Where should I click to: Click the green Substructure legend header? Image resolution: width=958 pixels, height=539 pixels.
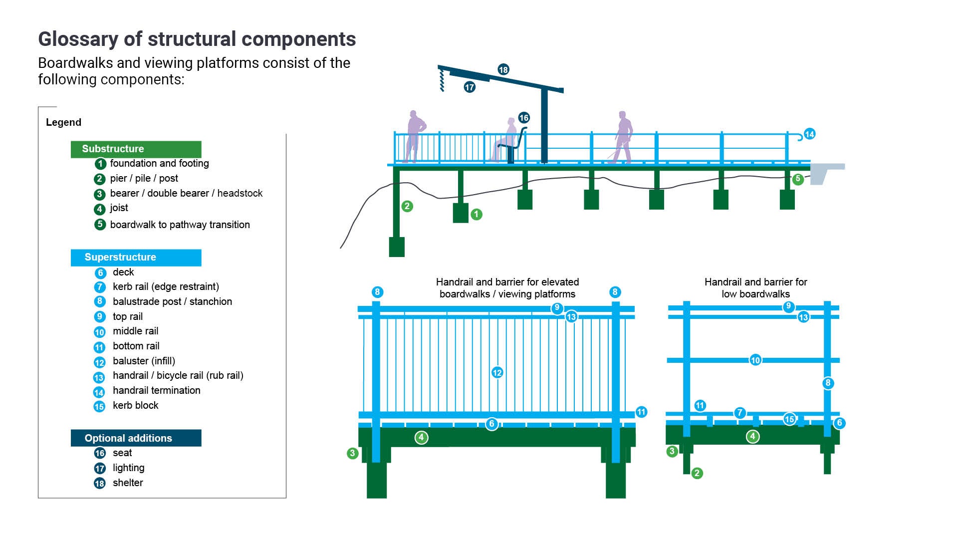136,149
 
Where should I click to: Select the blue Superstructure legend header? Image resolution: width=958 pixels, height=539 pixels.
136,257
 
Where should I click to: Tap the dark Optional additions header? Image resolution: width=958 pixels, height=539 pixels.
136,438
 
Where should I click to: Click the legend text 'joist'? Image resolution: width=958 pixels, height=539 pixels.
119,208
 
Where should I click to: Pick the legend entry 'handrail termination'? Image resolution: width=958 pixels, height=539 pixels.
156,390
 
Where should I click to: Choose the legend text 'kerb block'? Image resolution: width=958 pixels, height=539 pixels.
135,405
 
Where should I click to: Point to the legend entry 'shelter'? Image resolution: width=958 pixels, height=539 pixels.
128,483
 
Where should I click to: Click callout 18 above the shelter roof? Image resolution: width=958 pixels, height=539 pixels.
503,69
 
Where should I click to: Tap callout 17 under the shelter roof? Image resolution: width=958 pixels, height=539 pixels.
469,87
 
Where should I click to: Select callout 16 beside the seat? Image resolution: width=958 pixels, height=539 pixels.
523,118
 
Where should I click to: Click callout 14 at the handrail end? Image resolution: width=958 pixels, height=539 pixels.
809,134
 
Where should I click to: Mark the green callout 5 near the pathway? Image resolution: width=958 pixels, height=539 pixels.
798,179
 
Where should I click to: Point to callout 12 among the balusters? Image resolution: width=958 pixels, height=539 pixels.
497,372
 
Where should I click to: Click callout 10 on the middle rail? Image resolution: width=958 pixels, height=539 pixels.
755,360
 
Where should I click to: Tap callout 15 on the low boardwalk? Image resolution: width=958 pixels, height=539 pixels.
789,419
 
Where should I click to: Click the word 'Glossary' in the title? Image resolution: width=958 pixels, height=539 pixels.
77,39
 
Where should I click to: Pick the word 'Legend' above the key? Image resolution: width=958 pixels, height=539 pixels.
63,122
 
